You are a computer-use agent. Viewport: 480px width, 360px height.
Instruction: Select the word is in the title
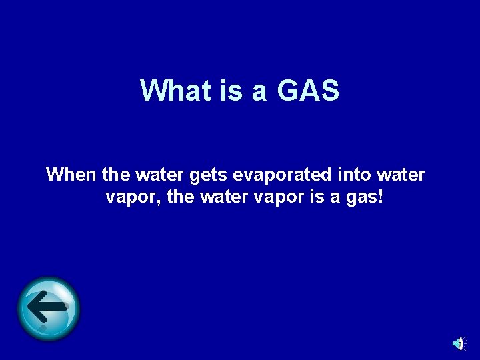(x=231, y=91)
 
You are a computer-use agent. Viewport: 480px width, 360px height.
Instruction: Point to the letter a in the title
(x=259, y=92)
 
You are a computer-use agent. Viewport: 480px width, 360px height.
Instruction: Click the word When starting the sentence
(x=71, y=175)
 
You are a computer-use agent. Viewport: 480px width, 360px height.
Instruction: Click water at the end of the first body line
(x=401, y=175)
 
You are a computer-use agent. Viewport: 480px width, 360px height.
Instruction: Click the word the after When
(x=116, y=175)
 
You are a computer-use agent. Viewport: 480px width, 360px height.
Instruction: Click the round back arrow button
(x=48, y=308)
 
